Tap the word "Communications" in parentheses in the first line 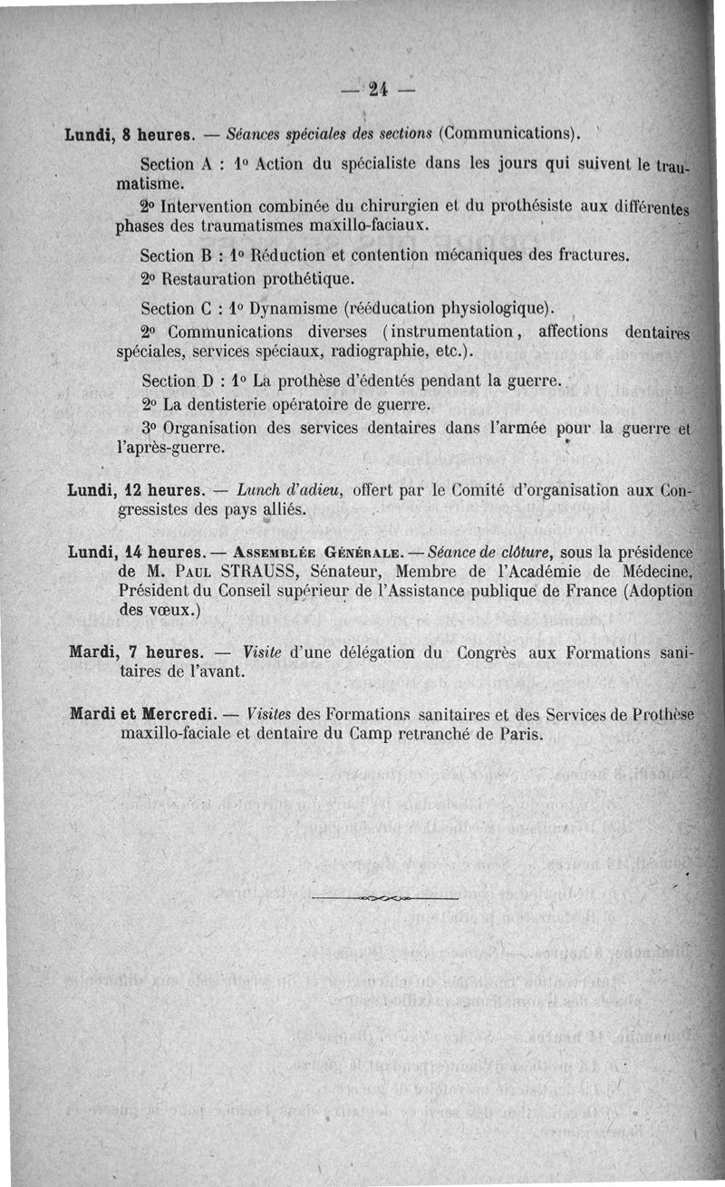point(507,134)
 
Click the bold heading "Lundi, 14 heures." point(132,552)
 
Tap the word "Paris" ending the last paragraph point(520,734)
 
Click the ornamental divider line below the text point(384,897)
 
